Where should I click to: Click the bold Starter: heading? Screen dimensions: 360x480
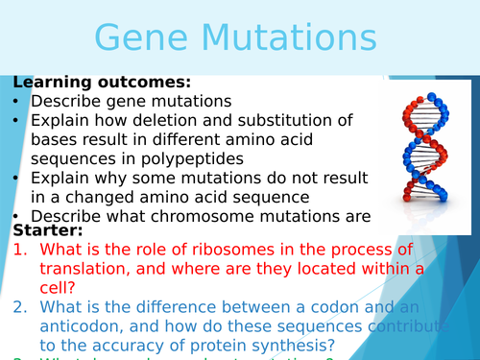point(48,230)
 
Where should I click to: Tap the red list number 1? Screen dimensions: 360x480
point(20,251)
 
